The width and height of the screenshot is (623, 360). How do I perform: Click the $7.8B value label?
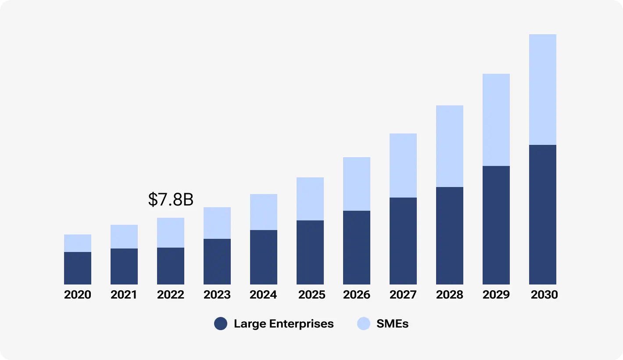click(x=171, y=199)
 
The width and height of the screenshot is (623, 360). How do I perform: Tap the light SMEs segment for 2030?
click(x=542, y=90)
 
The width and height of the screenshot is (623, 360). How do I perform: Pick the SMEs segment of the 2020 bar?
click(x=78, y=243)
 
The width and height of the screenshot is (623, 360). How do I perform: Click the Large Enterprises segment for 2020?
click(x=78, y=268)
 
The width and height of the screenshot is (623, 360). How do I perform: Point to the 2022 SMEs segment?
click(x=171, y=233)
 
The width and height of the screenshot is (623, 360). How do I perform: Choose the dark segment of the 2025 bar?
click(x=310, y=252)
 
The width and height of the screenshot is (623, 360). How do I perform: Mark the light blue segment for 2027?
click(x=403, y=166)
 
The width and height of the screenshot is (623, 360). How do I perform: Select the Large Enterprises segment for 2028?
click(x=450, y=236)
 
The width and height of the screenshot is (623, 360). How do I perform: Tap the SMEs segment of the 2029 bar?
click(x=496, y=120)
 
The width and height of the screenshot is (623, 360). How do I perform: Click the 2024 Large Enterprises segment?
click(x=264, y=257)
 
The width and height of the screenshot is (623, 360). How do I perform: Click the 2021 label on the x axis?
click(x=124, y=295)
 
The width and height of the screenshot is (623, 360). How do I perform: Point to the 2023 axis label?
click(x=217, y=295)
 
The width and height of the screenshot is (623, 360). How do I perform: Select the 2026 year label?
click(x=357, y=295)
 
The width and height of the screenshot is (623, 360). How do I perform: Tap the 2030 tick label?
click(x=544, y=295)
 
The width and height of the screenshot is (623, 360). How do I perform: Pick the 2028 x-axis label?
click(x=450, y=295)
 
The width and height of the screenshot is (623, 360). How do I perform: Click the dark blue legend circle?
click(x=221, y=324)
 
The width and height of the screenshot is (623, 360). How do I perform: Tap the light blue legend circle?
click(x=364, y=324)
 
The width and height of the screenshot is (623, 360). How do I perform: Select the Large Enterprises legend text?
click(x=284, y=324)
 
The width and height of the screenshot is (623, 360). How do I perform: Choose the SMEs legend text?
click(x=392, y=324)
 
